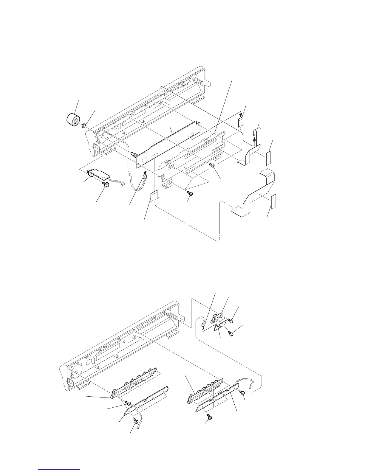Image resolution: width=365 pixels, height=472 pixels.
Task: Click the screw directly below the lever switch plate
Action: [x=106, y=185]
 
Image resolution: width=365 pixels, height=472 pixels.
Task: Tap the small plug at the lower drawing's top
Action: [x=204, y=322]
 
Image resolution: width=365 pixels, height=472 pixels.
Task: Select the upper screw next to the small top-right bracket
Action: [x=230, y=321]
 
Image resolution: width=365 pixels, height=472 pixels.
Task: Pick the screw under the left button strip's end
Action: [x=129, y=403]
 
